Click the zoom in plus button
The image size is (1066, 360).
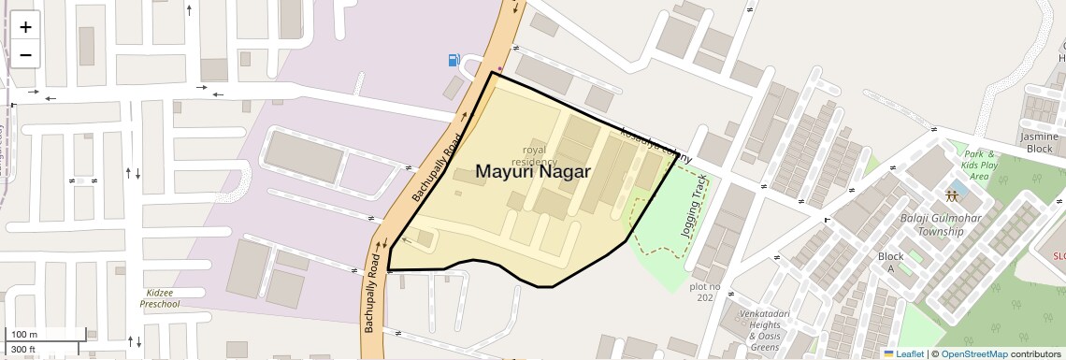[25, 27]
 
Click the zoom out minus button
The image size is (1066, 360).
[25, 55]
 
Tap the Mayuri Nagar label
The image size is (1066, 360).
[533, 172]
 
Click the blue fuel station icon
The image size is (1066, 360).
[454, 60]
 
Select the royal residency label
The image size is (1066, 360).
[534, 155]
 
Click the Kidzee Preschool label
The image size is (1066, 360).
[159, 298]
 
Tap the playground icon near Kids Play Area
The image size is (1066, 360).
[952, 197]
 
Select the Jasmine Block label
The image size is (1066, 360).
[1041, 142]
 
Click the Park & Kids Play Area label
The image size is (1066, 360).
[979, 165]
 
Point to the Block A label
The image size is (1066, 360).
[890, 262]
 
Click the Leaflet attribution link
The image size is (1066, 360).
[903, 353]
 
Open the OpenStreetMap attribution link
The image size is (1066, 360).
[973, 353]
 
